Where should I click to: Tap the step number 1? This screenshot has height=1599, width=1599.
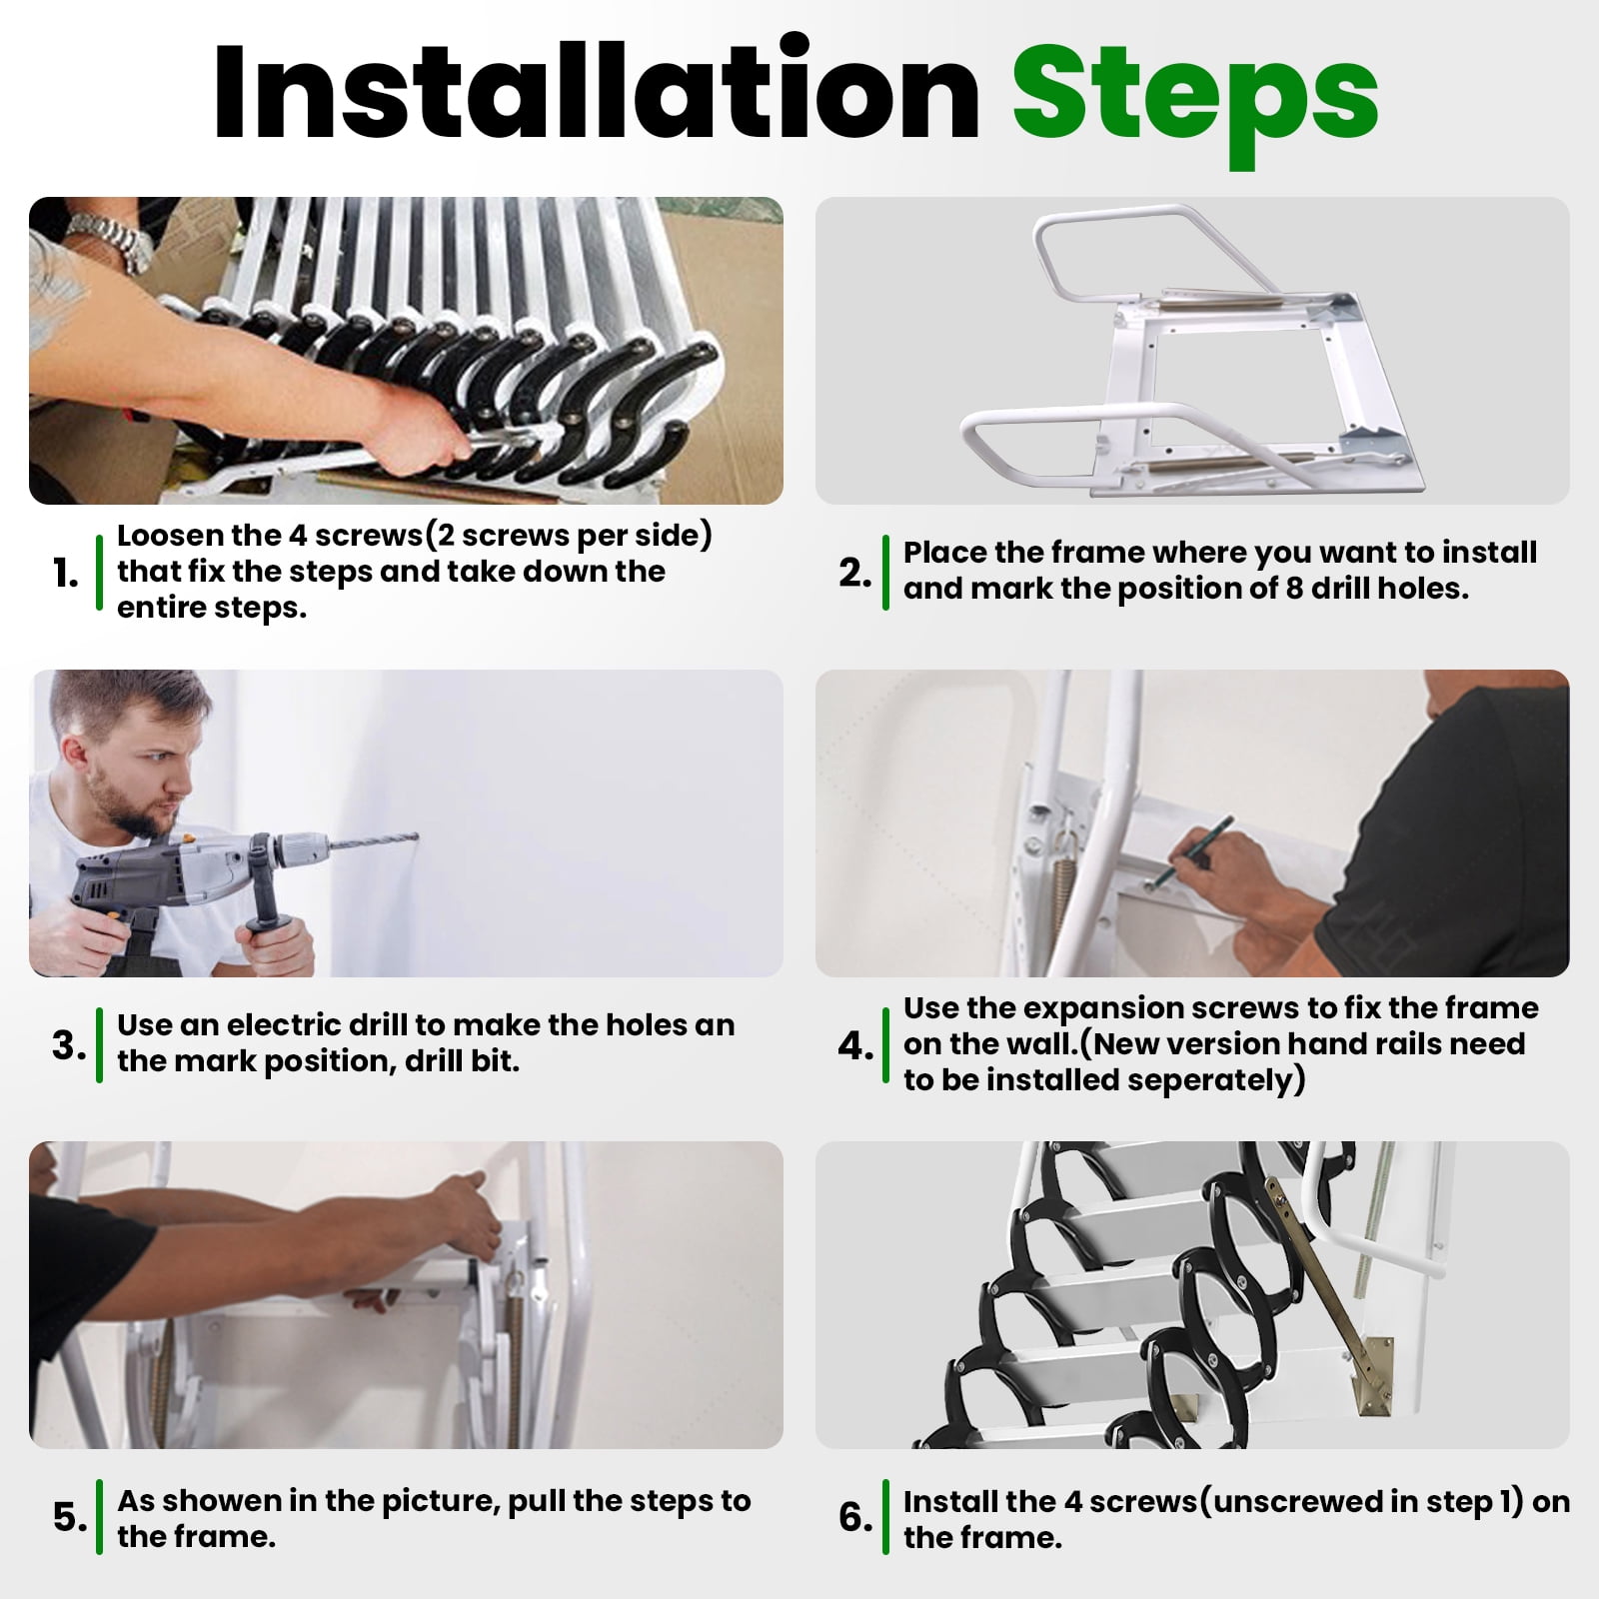(x=65, y=574)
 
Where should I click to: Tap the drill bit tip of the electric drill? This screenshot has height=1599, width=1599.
(x=416, y=836)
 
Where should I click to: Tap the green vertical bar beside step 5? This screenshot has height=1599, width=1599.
(x=99, y=1517)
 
